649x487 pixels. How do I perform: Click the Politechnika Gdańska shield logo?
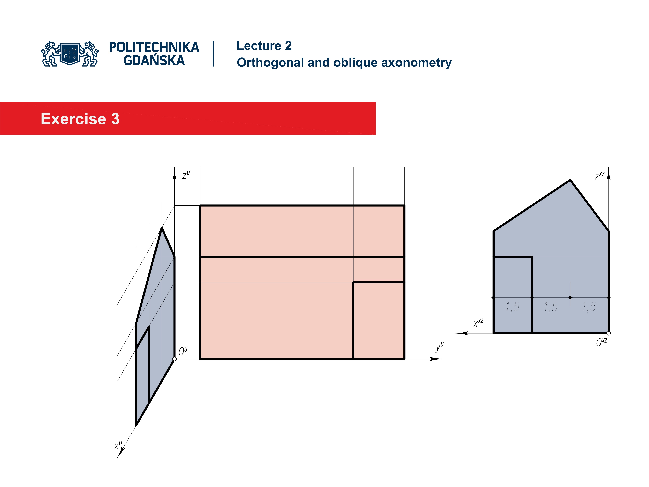point(70,54)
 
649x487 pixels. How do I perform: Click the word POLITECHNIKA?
point(154,47)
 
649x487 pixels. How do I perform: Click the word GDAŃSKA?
point(154,61)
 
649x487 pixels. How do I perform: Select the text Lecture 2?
point(264,46)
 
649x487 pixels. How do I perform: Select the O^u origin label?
point(183,351)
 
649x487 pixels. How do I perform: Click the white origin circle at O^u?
point(175,359)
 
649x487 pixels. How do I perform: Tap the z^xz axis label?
point(599,176)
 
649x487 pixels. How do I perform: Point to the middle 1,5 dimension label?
point(550,307)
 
